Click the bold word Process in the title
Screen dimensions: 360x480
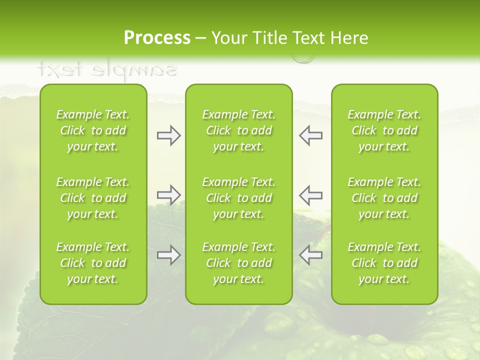pyautogui.click(x=157, y=38)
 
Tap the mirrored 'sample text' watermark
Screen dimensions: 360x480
pyautogui.click(x=107, y=69)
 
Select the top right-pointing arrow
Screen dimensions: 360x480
pyautogui.click(x=168, y=136)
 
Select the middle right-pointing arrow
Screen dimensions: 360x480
pyautogui.click(x=168, y=195)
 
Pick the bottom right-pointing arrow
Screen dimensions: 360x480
pyautogui.click(x=168, y=255)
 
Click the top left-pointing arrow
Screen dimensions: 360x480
pyautogui.click(x=310, y=136)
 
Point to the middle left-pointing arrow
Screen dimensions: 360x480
pyautogui.click(x=310, y=195)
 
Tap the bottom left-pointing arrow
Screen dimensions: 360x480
pyautogui.click(x=310, y=255)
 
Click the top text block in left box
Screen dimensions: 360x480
pyautogui.click(x=93, y=130)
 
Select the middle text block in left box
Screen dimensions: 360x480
pyautogui.click(x=93, y=198)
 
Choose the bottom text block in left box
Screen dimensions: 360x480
pyautogui.click(x=93, y=263)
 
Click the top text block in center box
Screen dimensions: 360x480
pyautogui.click(x=238, y=130)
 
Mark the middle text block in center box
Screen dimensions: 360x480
pyautogui.click(x=238, y=198)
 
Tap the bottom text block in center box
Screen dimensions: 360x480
pyautogui.click(x=238, y=263)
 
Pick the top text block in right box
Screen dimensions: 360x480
pyautogui.click(x=384, y=130)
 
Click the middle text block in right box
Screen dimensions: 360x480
pyautogui.click(x=384, y=198)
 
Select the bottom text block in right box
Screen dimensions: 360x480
pyautogui.click(x=384, y=263)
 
